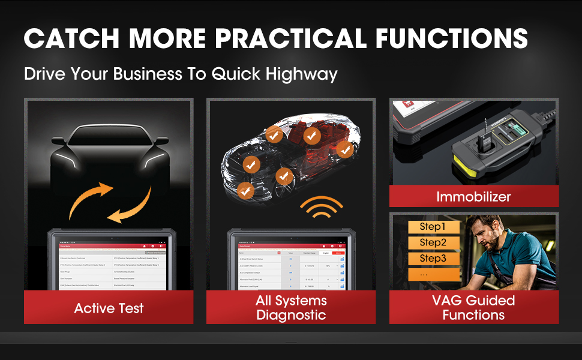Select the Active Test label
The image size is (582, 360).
point(109,308)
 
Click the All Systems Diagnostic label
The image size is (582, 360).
point(291,308)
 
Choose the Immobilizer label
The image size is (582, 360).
point(473,196)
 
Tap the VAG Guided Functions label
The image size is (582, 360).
point(473,307)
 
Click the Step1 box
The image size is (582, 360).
point(433,227)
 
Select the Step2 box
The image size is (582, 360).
point(433,243)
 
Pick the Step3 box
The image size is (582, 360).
point(433,259)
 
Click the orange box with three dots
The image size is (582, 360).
point(433,274)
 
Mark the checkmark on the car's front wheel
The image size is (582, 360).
point(245,191)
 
